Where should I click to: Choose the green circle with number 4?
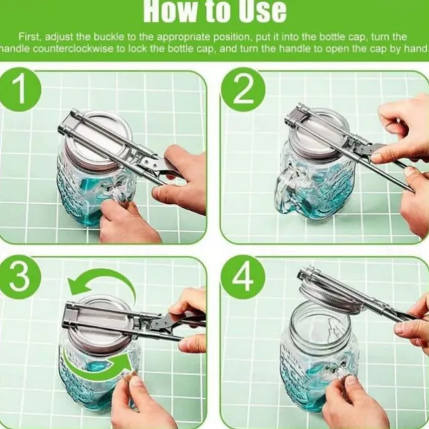click(243, 278)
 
